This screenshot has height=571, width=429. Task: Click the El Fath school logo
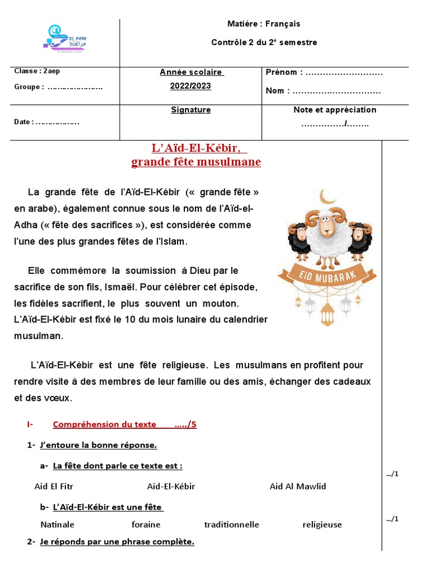coord(64,40)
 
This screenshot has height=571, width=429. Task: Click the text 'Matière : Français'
coord(264,24)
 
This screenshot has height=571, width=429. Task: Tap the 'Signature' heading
coord(190,110)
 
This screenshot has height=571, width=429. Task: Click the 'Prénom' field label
coord(284,72)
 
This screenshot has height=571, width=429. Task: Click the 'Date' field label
coord(23,122)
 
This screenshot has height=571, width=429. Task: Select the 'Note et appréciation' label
coord(335,110)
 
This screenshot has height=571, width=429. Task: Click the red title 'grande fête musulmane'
coord(196,162)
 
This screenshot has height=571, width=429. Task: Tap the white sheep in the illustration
coord(328,234)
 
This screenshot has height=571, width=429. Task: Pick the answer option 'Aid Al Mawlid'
coord(297,486)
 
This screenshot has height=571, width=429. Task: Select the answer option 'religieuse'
coord(322,525)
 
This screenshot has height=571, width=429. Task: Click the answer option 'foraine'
coord(146,525)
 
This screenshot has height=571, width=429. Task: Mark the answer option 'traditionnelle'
coord(231,525)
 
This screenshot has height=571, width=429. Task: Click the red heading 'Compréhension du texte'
coord(104,424)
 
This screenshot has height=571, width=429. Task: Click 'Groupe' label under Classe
coord(28,87)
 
